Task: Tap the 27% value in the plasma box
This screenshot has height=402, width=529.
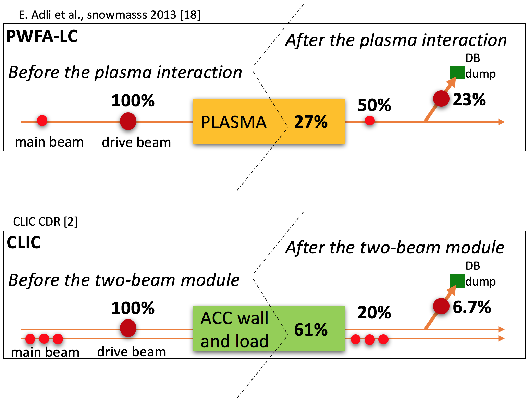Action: (311, 122)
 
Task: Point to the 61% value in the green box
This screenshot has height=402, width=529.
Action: (311, 329)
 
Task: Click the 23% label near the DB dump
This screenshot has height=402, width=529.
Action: (469, 100)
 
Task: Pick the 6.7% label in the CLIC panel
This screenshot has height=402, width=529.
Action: (471, 307)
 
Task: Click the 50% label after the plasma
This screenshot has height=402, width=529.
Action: (374, 105)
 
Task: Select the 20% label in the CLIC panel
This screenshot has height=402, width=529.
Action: (374, 313)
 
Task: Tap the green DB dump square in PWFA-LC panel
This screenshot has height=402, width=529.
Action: (457, 73)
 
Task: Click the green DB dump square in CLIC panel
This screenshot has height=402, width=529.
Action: (457, 280)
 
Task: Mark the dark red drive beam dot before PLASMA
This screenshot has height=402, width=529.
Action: (128, 121)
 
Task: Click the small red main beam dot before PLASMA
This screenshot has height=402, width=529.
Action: (42, 121)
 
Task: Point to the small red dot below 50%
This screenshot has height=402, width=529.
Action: (369, 121)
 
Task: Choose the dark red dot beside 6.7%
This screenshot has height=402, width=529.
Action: (441, 306)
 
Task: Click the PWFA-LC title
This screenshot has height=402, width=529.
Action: (42, 36)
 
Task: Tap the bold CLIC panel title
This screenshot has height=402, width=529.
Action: (24, 243)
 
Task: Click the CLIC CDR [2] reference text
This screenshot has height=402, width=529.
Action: (45, 222)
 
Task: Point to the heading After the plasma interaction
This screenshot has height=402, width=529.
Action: (396, 40)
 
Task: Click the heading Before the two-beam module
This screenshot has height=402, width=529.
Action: (124, 280)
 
